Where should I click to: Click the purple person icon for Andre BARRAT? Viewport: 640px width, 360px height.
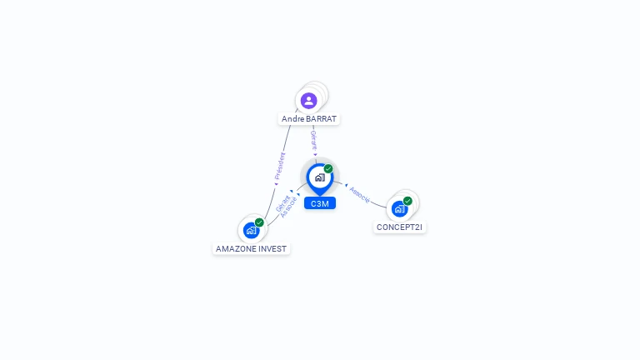pyautogui.click(x=309, y=101)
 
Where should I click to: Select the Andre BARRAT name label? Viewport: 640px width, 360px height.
pyautogui.click(x=309, y=119)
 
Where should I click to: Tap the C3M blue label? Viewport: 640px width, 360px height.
pyautogui.click(x=319, y=204)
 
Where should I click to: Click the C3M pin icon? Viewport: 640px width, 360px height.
pyautogui.click(x=319, y=177)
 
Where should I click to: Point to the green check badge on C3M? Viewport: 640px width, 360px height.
pyautogui.click(x=328, y=168)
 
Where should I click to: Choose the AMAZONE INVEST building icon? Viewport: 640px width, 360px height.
pyautogui.click(x=251, y=231)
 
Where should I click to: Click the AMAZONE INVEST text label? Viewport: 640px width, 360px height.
pyautogui.click(x=251, y=248)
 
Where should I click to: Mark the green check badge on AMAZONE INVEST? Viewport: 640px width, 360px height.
pyautogui.click(x=259, y=222)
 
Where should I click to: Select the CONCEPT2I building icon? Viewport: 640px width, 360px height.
pyautogui.click(x=399, y=209)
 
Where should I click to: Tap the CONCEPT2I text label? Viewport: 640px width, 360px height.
pyautogui.click(x=400, y=227)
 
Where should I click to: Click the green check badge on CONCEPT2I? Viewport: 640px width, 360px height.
pyautogui.click(x=407, y=201)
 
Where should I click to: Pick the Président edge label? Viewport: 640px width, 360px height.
pyautogui.click(x=280, y=166)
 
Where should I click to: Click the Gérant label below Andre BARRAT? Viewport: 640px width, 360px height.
pyautogui.click(x=313, y=139)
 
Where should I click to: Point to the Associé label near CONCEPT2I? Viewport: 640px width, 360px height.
pyautogui.click(x=360, y=194)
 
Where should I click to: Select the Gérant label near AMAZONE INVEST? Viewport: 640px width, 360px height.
pyautogui.click(x=282, y=203)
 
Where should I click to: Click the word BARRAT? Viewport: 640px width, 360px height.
pyautogui.click(x=322, y=119)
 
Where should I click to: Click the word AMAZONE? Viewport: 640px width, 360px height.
pyautogui.click(x=234, y=248)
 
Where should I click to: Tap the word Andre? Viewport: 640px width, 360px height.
pyautogui.click(x=293, y=119)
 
